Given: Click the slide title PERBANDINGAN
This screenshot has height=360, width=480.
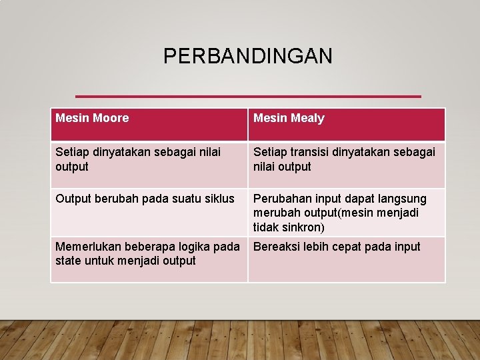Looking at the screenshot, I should pos(247,56).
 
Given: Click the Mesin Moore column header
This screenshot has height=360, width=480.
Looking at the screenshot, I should pos(92,118).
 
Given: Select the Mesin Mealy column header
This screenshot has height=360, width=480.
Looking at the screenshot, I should pos(289,118).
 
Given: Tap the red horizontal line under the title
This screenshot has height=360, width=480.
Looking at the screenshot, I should pos(248,96).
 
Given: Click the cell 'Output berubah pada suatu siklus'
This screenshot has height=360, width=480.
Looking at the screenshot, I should pos(145,199).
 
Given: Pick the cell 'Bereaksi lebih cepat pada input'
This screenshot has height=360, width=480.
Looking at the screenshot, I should pos(337,247).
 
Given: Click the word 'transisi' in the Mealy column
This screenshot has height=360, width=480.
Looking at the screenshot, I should pos(312,152).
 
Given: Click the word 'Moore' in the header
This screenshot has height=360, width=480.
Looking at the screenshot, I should pos(111,118).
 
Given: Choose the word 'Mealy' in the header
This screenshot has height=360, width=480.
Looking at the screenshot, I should pos(309,118).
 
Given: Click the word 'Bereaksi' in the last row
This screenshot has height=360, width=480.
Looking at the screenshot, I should pos(275,247).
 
